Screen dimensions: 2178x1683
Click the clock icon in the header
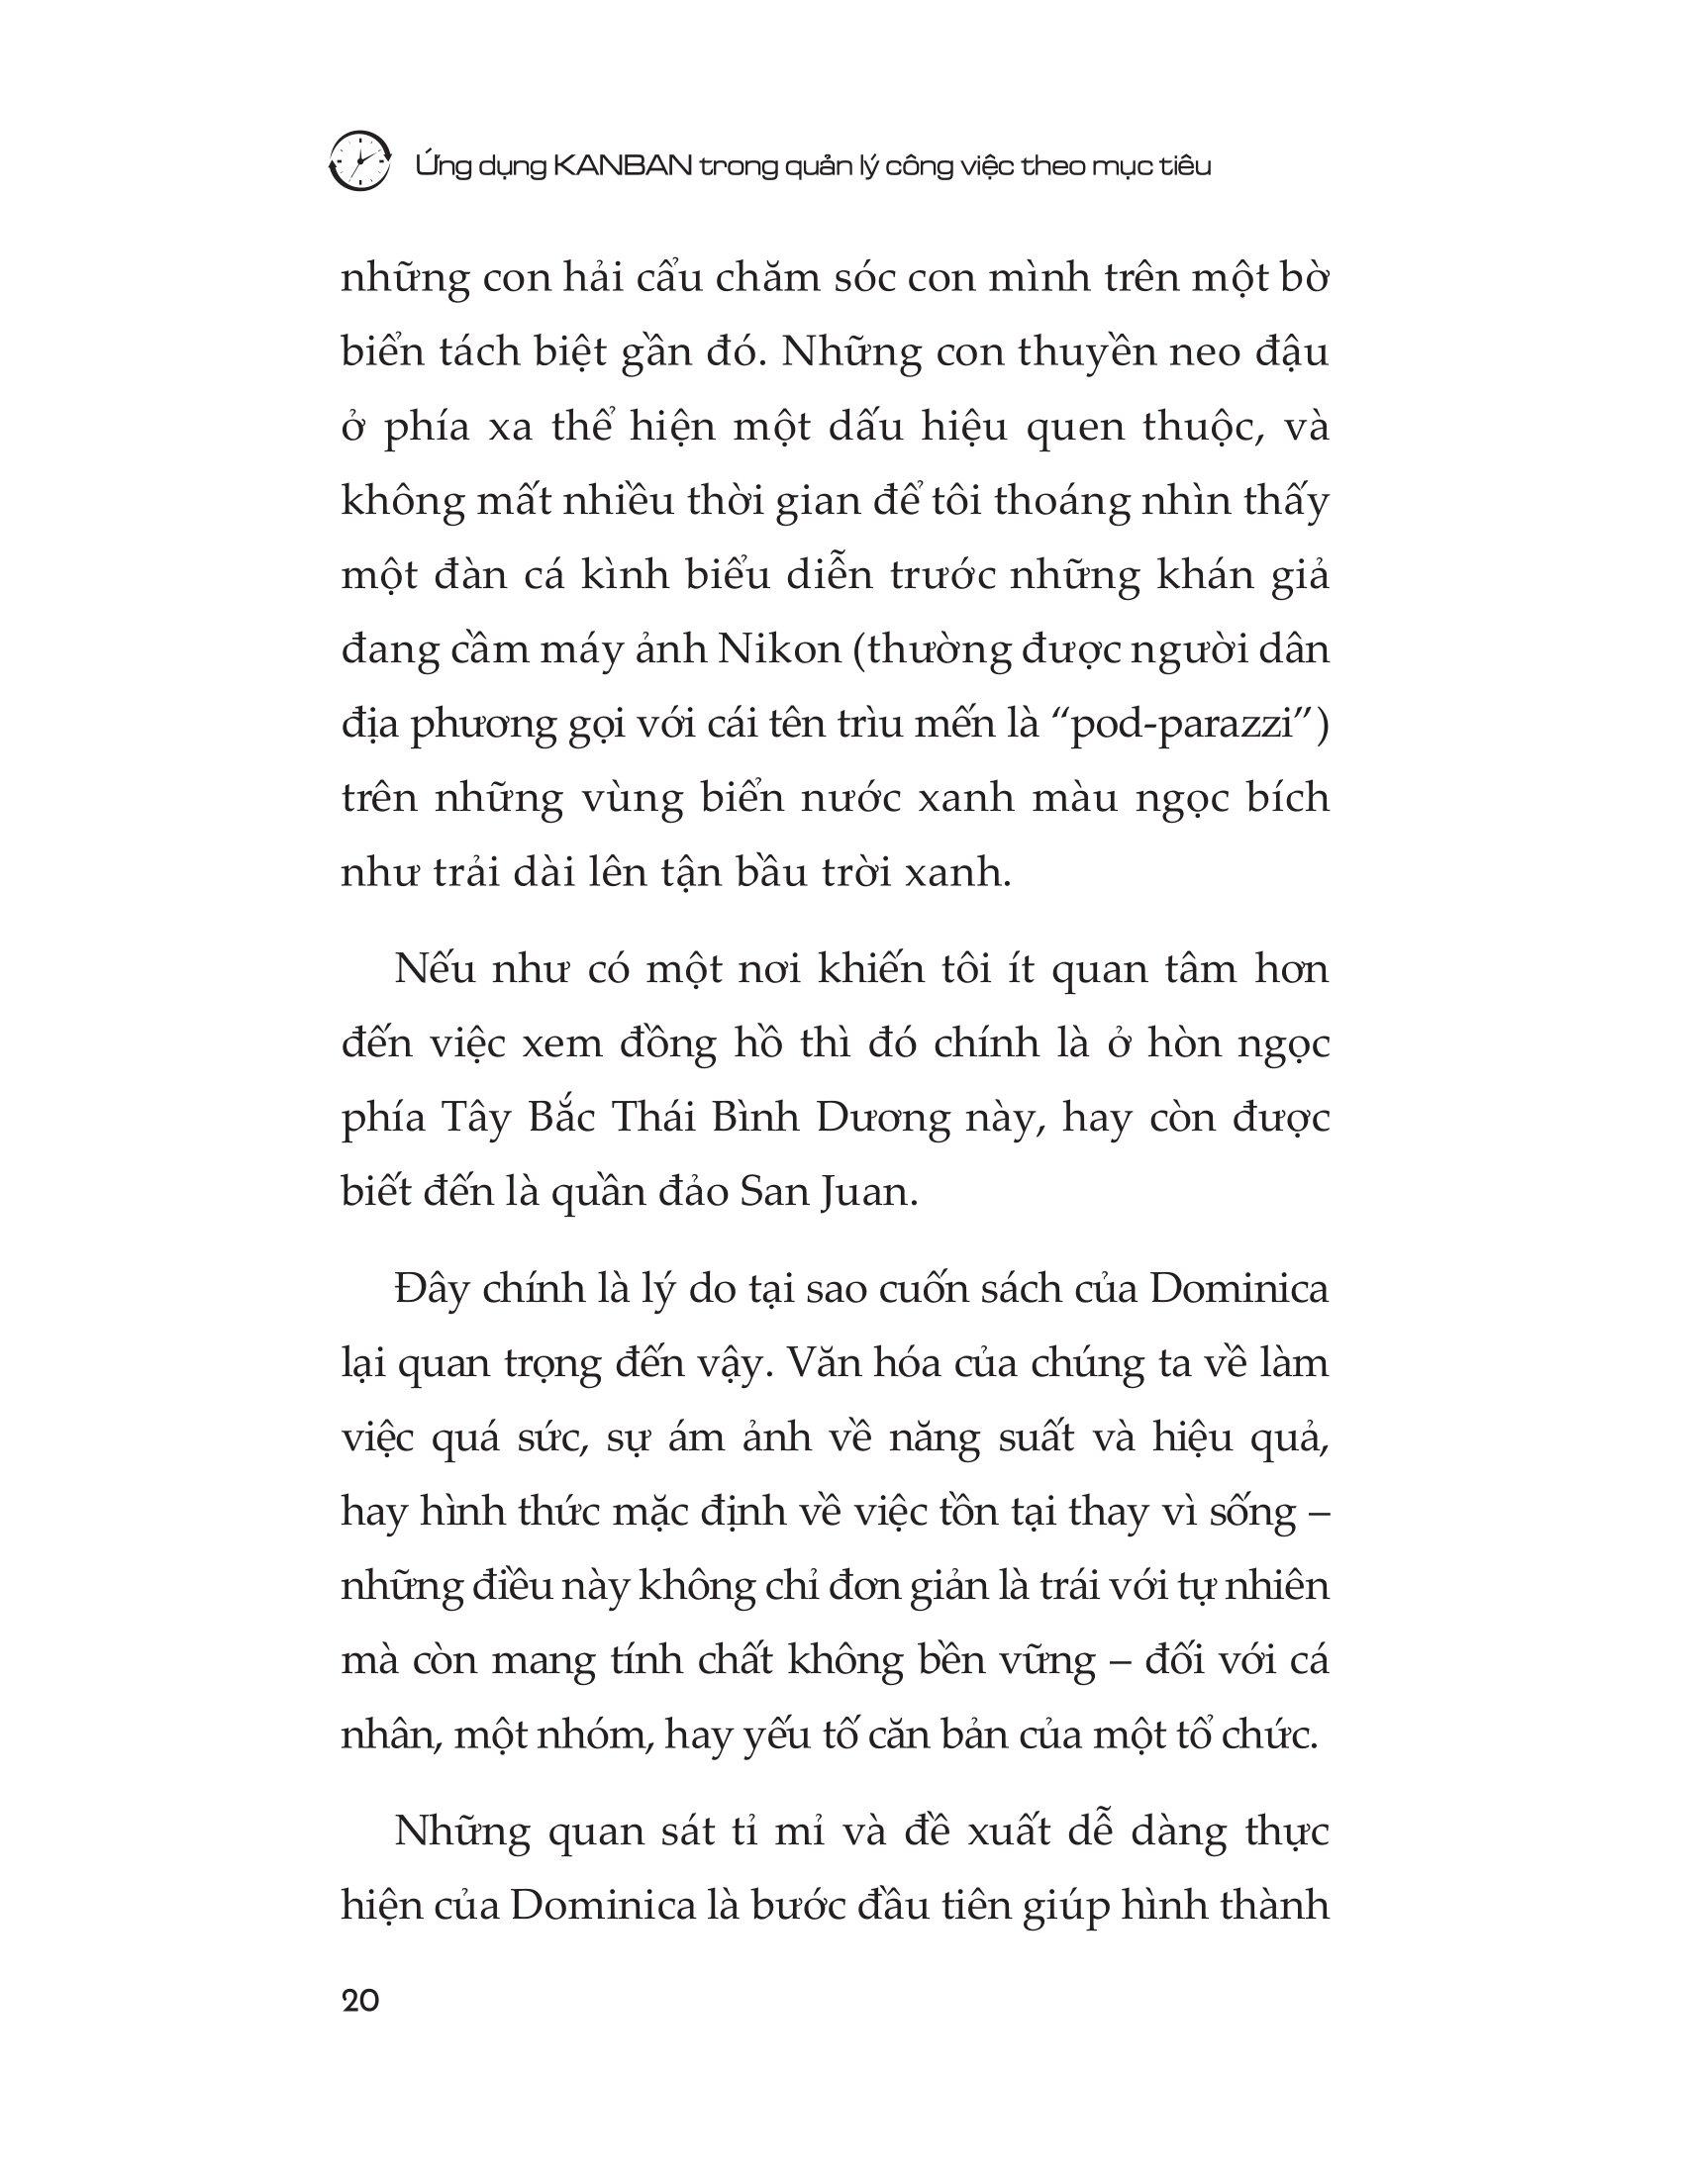[359, 158]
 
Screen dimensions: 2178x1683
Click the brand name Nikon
[768, 649]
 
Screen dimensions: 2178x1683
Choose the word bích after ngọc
[1292, 798]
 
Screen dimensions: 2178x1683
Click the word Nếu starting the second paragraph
[432, 969]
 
